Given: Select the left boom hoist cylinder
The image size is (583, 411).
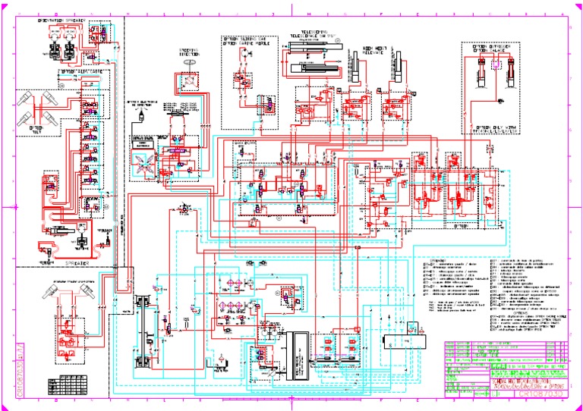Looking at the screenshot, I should point(357,68).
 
